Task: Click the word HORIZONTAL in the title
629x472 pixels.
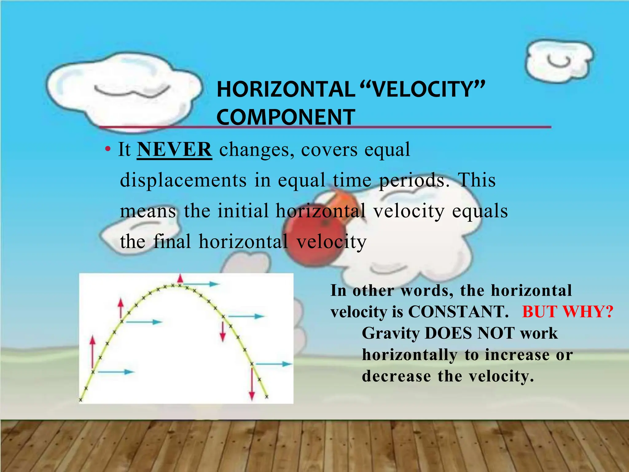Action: tap(286, 89)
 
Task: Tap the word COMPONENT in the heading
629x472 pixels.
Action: tap(286, 117)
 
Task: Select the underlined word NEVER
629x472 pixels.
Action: tap(174, 150)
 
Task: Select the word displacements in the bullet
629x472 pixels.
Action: tap(183, 180)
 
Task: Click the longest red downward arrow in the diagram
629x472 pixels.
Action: tap(252, 383)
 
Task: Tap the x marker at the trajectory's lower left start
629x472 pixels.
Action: tap(81, 400)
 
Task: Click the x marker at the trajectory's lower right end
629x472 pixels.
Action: tap(267, 397)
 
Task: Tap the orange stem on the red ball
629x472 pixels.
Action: tap(338, 199)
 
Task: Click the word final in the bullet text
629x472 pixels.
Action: tap(172, 242)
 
